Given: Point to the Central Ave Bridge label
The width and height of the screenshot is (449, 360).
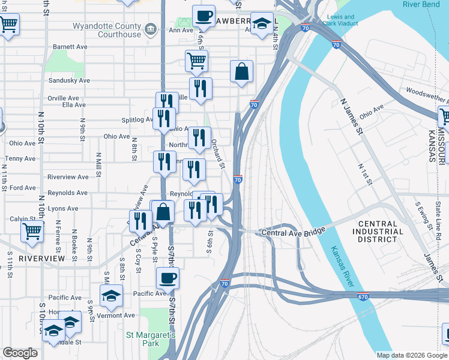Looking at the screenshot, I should pyautogui.click(x=292, y=232).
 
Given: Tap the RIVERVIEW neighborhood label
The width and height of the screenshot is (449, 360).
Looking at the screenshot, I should pyautogui.click(x=41, y=258).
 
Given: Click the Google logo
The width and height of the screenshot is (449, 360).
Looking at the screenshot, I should pyautogui.click(x=20, y=353).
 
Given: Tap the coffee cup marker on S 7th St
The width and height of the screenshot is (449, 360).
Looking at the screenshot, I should pyautogui.click(x=167, y=278).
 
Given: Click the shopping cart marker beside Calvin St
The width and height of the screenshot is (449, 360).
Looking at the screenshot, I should pyautogui.click(x=32, y=230).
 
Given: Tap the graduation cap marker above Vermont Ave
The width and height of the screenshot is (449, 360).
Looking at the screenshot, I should pyautogui.click(x=111, y=295).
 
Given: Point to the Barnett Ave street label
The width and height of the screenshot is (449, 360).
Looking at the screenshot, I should pyautogui.click(x=70, y=47).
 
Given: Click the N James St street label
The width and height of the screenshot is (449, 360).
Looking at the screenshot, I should pyautogui.click(x=351, y=117).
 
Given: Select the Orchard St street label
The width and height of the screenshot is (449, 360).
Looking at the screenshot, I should pyautogui.click(x=217, y=154).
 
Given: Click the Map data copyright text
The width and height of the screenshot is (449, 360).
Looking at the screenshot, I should pyautogui.click(x=412, y=355).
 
